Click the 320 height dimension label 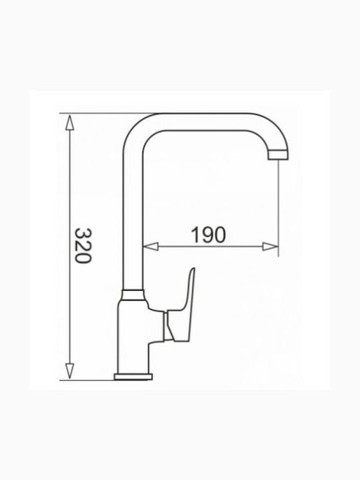[x=83, y=245]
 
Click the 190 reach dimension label [x=208, y=235]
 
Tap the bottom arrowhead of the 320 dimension [x=70, y=371]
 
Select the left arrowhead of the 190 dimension [x=151, y=247]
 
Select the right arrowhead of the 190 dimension [x=270, y=247]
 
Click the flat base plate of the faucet [x=133, y=377]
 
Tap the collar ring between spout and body [x=133, y=295]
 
